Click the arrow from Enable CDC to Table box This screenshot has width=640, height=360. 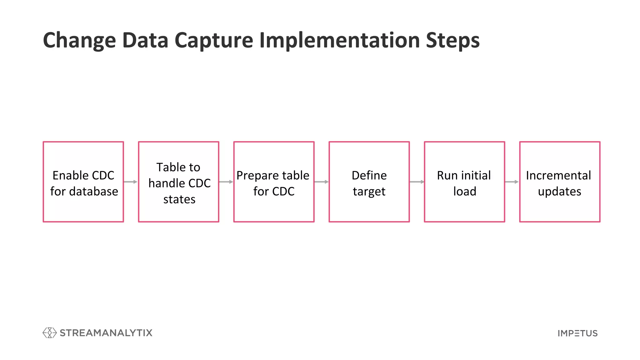pos(131,182)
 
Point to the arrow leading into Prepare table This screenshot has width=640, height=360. pos(226,182)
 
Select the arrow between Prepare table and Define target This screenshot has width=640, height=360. pos(321,182)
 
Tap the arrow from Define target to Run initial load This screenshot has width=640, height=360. pos(417,182)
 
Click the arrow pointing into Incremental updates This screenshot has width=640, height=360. pos(512,182)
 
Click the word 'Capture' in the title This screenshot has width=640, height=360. pos(214,41)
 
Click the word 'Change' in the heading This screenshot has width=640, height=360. pos(79,41)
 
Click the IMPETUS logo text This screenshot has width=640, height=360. pos(577,333)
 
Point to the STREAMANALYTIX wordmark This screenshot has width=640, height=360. pos(106,333)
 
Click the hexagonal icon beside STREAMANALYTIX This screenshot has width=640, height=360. pos(49,333)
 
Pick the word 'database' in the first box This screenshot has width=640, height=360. pos(93,192)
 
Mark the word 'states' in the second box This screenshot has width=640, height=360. pos(179,199)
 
